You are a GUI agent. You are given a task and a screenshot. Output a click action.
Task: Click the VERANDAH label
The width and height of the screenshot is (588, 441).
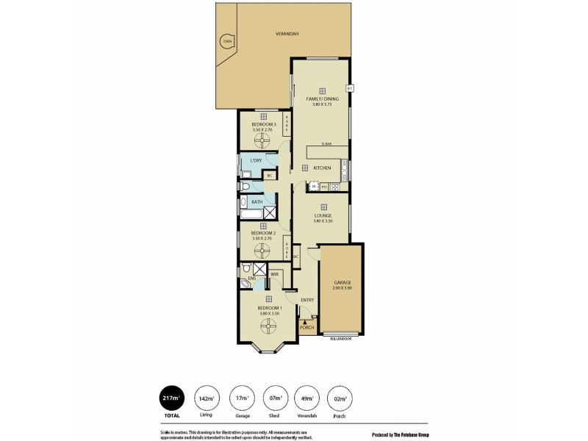click(287, 34)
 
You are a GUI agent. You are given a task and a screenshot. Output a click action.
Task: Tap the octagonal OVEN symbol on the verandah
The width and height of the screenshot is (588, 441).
click(227, 41)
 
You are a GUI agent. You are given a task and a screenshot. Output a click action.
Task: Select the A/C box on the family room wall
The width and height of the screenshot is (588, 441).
click(350, 88)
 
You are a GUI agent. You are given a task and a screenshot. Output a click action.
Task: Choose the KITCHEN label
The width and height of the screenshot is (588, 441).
click(322, 168)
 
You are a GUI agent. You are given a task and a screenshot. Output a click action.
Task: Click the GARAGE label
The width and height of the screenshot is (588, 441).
click(343, 282)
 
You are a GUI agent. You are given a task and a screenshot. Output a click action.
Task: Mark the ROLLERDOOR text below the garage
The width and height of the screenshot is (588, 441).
click(340, 339)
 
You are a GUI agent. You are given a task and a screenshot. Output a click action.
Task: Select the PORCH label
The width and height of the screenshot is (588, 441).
click(307, 327)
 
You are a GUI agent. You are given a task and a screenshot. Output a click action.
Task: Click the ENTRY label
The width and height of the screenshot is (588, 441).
click(307, 299)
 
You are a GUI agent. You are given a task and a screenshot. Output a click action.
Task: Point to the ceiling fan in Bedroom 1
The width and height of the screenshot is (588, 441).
click(265, 328)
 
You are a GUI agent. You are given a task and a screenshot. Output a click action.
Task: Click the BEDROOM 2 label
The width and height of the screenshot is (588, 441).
click(262, 234)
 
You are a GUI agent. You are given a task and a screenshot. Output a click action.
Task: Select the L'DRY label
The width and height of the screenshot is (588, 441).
click(256, 160)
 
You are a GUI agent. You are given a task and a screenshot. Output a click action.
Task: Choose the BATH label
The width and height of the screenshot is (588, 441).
click(257, 202)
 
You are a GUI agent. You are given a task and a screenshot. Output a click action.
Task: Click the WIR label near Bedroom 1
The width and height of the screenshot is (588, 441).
click(274, 274)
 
